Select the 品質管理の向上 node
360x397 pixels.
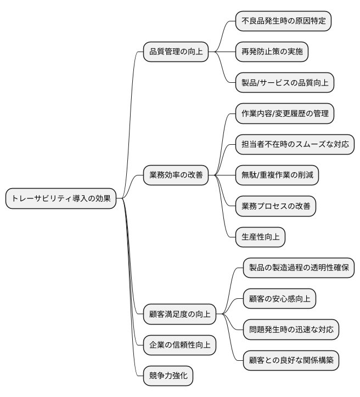click(x=176, y=52)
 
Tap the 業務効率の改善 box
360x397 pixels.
click(x=176, y=175)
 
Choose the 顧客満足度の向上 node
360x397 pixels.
click(x=179, y=314)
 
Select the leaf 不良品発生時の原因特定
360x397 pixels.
click(x=284, y=21)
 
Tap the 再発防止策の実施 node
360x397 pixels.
click(x=272, y=52)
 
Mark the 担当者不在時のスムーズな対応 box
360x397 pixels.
click(x=295, y=145)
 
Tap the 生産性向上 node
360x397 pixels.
click(x=261, y=237)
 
